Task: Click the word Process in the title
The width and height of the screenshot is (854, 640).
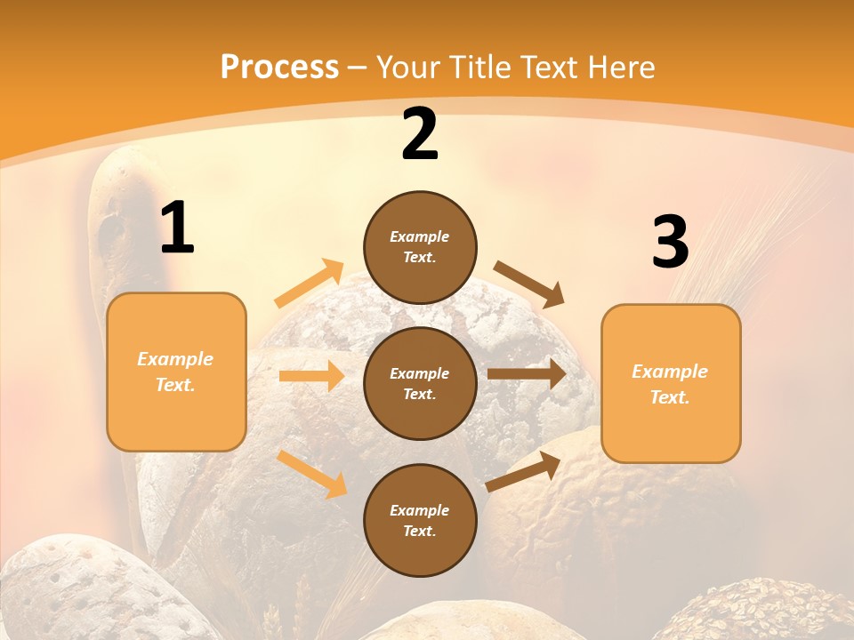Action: [279, 68]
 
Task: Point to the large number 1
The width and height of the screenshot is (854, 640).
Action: [177, 229]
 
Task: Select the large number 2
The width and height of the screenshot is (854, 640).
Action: [420, 135]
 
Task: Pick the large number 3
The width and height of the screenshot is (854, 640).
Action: [670, 243]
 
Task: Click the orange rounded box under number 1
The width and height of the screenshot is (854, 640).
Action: [176, 372]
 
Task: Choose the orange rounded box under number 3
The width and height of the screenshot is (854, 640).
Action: [671, 384]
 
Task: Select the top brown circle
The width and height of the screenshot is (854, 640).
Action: [420, 247]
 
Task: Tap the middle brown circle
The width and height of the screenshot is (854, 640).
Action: [420, 383]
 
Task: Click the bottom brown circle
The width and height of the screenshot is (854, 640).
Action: [420, 520]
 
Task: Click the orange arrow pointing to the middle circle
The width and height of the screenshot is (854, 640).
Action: [311, 376]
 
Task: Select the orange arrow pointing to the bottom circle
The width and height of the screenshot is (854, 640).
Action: [312, 474]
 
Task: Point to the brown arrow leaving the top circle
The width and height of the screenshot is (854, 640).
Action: [529, 284]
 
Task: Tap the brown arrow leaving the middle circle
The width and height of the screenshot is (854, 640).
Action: [526, 374]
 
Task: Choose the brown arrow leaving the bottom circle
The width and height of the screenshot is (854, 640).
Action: [524, 471]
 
